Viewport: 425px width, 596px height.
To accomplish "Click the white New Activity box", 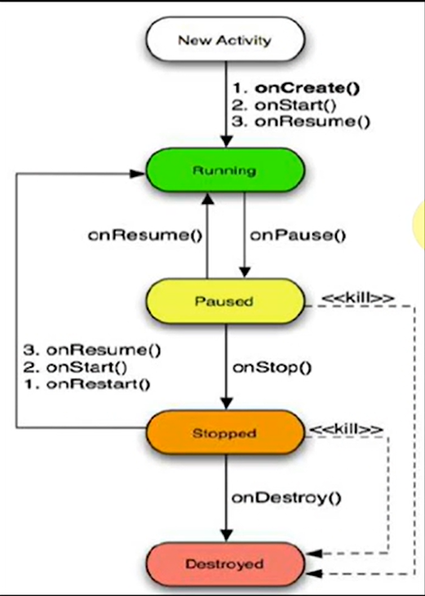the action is (x=225, y=39).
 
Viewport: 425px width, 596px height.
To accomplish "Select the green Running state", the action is (x=225, y=170).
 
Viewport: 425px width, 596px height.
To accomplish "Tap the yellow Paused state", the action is (x=225, y=301).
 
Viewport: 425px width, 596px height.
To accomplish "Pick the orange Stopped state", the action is (x=225, y=433).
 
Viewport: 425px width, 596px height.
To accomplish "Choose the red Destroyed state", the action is (x=225, y=563).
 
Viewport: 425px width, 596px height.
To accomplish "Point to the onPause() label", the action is (x=298, y=236).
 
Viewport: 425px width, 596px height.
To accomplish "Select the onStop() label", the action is (x=272, y=367).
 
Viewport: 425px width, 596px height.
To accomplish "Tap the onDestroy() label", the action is (x=286, y=498).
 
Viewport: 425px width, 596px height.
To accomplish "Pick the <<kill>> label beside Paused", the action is (x=358, y=298).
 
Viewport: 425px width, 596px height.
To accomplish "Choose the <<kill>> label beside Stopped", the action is (x=346, y=430).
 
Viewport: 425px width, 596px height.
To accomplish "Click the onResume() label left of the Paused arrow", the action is (x=145, y=236).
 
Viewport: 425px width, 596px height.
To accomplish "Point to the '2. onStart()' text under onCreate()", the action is (x=285, y=104).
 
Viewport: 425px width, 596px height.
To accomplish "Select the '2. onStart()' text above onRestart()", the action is (x=75, y=368).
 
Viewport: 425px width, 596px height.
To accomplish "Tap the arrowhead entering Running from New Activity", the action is (x=226, y=141).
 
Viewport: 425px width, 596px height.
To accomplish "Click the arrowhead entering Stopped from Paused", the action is (x=226, y=404).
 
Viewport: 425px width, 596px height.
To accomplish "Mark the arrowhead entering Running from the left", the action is (x=139, y=174).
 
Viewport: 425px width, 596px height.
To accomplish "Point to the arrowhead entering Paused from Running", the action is (x=245, y=272).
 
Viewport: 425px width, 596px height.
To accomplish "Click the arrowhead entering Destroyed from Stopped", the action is (x=226, y=535).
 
